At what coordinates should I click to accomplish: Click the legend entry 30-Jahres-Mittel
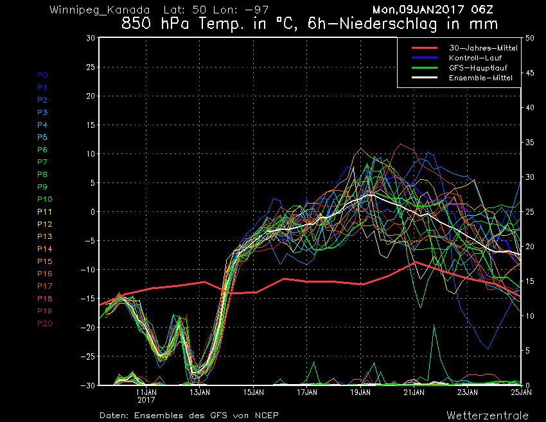point(483,48)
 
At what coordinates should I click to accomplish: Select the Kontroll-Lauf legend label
point(475,58)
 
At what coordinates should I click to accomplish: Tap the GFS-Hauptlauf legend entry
point(478,68)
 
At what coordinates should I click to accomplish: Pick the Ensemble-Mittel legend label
point(480,78)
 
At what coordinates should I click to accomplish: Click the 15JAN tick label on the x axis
point(254,392)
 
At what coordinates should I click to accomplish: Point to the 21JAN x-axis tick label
point(414,392)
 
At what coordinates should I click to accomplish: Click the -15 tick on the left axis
point(88,299)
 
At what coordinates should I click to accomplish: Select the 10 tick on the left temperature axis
point(91,154)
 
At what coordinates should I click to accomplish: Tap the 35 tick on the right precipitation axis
point(529,143)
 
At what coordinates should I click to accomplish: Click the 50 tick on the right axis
point(529,39)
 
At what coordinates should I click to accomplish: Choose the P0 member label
point(42,75)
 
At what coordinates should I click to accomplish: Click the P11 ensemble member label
point(44,212)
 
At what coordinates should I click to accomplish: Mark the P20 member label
point(44,324)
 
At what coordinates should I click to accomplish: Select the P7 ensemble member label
point(42,162)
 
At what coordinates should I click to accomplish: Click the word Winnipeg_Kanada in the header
point(100,10)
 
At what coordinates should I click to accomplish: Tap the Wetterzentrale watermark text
point(488,416)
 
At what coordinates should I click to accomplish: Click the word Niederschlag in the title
point(388,24)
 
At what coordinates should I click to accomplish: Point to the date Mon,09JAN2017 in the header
point(418,10)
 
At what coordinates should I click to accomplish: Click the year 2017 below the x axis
point(146,400)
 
